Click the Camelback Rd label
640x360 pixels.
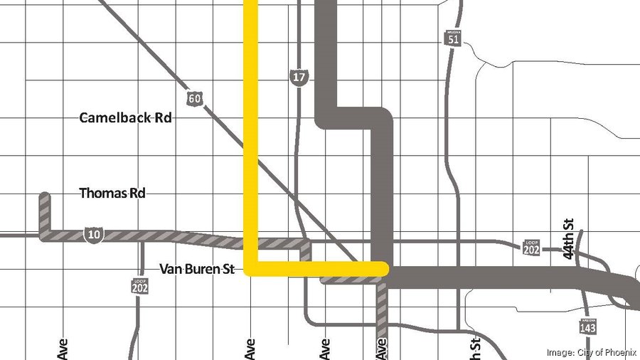click(x=125, y=117)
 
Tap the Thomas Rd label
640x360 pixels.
click(x=112, y=193)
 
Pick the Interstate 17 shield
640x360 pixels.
click(x=298, y=77)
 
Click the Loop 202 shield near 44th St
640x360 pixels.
click(x=531, y=246)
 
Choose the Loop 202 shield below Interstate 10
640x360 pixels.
click(x=140, y=285)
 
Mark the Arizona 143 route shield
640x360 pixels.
click(x=587, y=326)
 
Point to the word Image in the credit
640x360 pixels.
click(x=559, y=352)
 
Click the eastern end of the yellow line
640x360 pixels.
click(x=384, y=268)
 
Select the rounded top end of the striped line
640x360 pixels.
click(x=44, y=196)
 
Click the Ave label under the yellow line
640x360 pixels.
click(x=250, y=348)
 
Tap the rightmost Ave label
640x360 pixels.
click(x=382, y=348)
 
